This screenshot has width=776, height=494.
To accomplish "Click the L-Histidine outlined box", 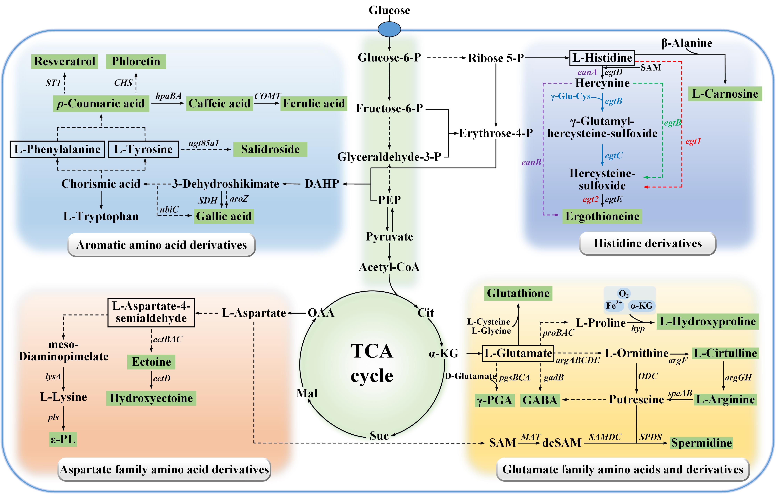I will [x=602, y=58].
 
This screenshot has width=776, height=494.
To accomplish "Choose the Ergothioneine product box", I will [x=602, y=216].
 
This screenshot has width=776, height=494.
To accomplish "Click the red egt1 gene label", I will [x=693, y=141].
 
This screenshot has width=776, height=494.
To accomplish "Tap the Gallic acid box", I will [x=224, y=216].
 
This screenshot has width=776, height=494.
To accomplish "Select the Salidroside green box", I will [x=270, y=150].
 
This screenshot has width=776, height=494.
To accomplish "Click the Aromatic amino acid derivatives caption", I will [x=161, y=245].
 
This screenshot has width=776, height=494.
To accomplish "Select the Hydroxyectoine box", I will [x=151, y=398].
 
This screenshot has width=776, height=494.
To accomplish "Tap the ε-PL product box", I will [x=63, y=439].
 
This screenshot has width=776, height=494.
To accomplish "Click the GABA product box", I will [x=540, y=400].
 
